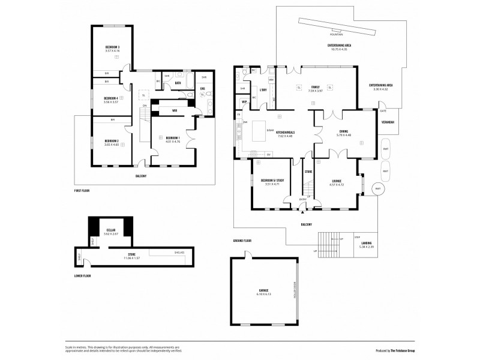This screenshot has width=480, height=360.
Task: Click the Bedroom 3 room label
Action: click(x=112, y=47)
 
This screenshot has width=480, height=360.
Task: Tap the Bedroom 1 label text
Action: click(x=173, y=137)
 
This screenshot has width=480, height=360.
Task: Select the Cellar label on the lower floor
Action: click(x=110, y=229)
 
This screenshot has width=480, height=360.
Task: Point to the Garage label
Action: click(x=264, y=290)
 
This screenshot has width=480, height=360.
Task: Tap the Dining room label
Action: click(x=344, y=133)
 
